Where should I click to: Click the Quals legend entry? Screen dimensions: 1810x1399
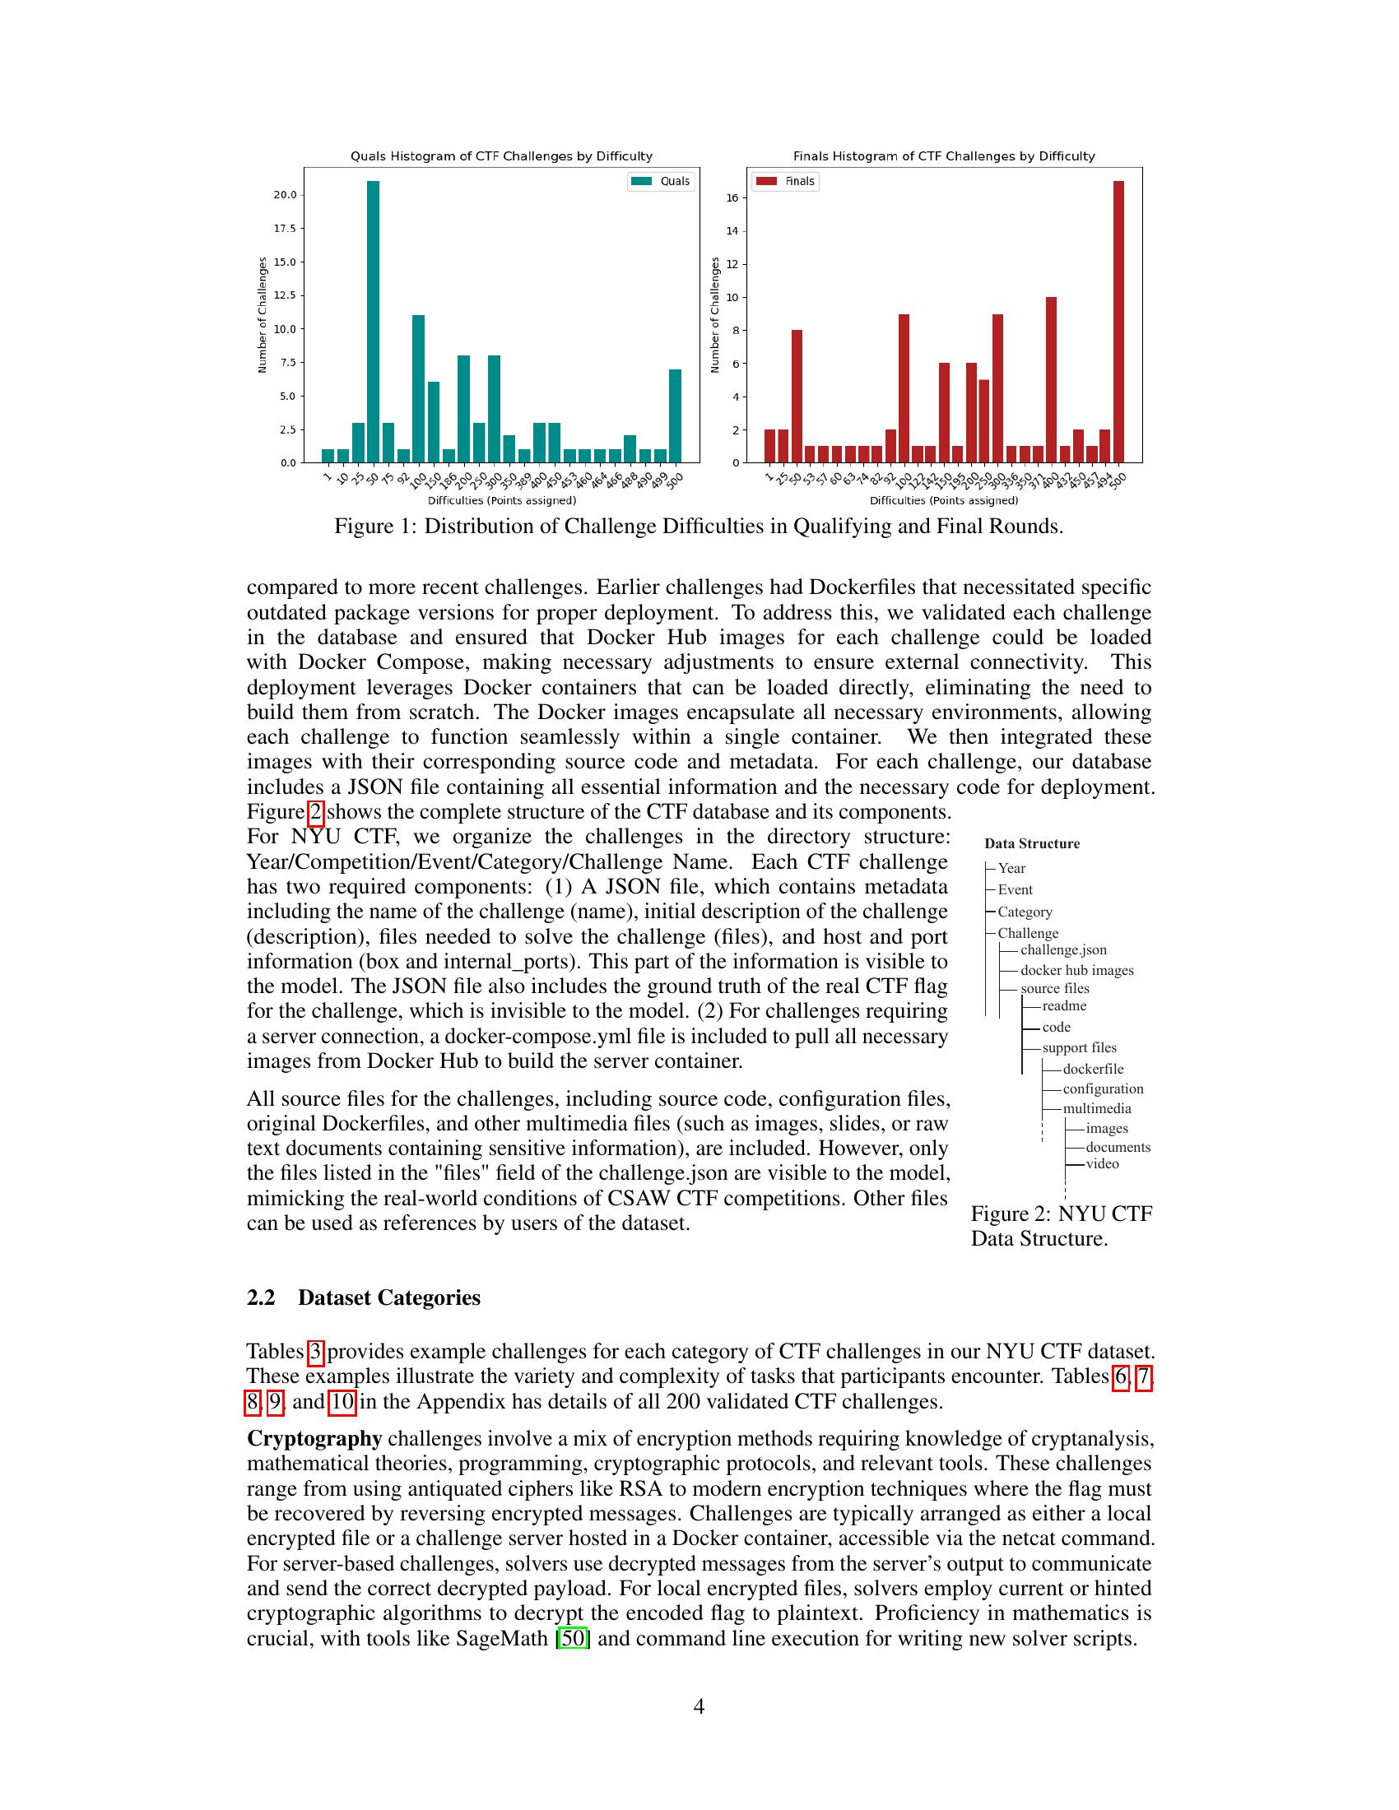661,181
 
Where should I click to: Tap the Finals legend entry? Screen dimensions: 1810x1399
786,181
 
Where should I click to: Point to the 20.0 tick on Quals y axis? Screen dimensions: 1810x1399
285,195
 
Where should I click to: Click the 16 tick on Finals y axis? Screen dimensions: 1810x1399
732,198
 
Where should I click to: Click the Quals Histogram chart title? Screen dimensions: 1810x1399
501,155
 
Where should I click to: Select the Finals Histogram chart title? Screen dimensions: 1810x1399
944,155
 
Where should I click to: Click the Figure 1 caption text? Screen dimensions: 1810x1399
698,527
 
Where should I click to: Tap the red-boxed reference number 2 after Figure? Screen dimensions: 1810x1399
315,811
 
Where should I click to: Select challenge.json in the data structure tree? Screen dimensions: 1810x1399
1063,949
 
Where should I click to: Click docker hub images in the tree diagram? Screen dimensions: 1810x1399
1076,970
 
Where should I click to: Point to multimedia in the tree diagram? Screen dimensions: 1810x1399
1096,1108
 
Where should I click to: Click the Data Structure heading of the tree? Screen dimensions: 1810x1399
1032,843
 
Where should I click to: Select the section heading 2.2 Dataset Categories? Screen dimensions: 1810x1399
363,1297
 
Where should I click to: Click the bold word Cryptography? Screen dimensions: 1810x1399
314,1438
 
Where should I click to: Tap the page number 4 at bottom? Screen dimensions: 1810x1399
699,1706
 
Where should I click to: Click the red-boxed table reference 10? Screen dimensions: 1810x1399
343,1401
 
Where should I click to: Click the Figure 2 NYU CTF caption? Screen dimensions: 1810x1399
1061,1226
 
